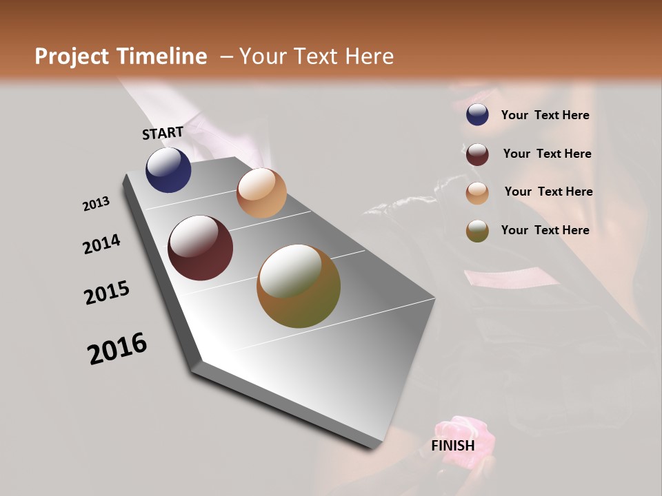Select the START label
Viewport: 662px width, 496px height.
[x=163, y=133]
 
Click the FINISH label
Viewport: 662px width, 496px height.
[x=452, y=446]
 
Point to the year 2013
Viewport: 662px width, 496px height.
[x=96, y=204]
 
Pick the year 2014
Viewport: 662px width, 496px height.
[x=101, y=244]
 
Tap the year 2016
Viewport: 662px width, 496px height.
[x=117, y=349]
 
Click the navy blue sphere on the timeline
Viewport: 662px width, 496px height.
[x=168, y=170]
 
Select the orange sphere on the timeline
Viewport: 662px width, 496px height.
[x=261, y=193]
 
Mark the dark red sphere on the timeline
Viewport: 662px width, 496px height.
[x=200, y=248]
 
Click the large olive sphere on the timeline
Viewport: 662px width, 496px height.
[x=299, y=286]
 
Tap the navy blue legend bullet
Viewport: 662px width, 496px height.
[x=477, y=115]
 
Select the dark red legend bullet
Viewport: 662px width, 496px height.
[x=477, y=154]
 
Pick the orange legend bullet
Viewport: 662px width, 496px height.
[x=477, y=192]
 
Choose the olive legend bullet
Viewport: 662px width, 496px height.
[x=477, y=231]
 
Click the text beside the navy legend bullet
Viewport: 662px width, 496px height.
[x=545, y=115]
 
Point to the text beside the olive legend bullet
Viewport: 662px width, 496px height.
[x=545, y=230]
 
